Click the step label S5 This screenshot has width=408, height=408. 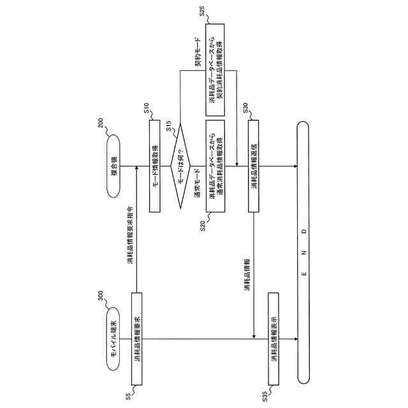point(128,397)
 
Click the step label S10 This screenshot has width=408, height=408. point(147,108)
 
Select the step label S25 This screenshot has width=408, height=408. point(202,11)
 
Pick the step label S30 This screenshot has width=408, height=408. point(245,108)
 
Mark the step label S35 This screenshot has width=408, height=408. point(265,397)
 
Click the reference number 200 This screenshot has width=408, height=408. point(101,123)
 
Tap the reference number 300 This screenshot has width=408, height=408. point(101,296)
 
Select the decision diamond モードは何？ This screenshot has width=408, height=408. point(180,166)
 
